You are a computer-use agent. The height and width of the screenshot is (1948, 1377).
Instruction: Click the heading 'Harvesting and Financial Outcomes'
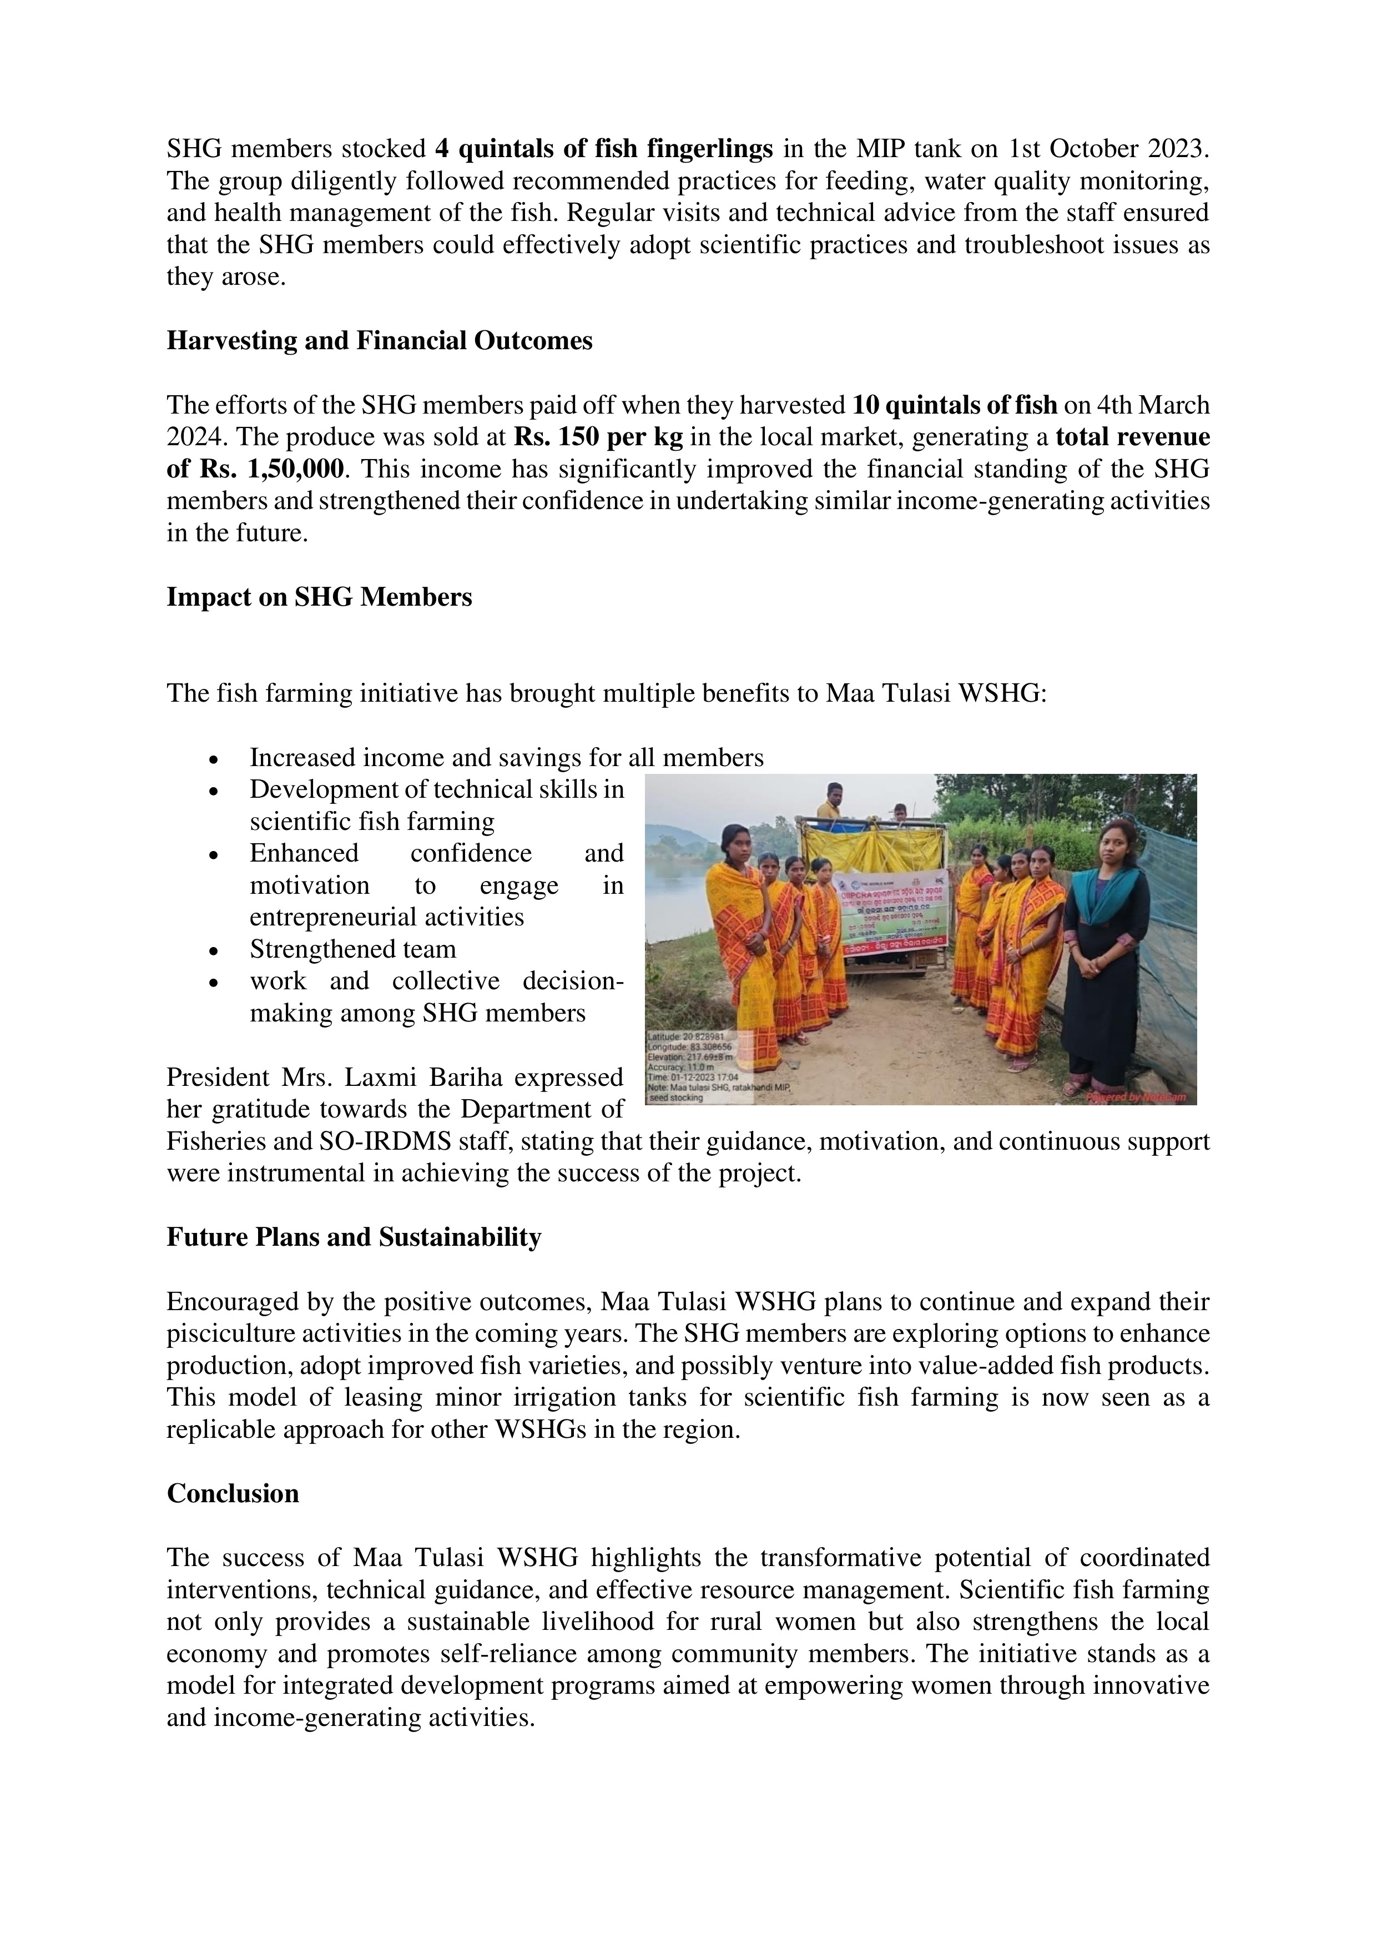tap(379, 341)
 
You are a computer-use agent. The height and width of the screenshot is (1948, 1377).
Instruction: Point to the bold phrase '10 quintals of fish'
tap(955, 406)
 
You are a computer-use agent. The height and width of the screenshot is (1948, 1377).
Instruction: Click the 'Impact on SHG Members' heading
tap(319, 597)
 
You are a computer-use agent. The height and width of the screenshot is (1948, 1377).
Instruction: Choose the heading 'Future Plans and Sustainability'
tap(354, 1238)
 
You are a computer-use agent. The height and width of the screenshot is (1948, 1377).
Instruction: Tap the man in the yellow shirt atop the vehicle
tap(834, 802)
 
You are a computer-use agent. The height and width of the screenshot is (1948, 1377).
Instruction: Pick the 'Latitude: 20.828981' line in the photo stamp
tap(685, 1037)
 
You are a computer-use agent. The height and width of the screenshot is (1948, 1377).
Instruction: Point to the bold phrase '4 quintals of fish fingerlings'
tap(603, 149)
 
